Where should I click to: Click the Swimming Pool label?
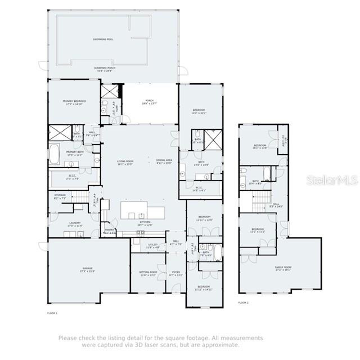(x=103, y=39)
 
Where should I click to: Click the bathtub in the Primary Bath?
(x=54, y=154)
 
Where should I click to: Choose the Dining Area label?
(x=164, y=161)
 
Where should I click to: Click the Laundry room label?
(x=75, y=223)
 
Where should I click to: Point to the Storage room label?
(x=60, y=196)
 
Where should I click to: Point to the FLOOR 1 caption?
(x=52, y=312)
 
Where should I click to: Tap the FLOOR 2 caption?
(x=243, y=303)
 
